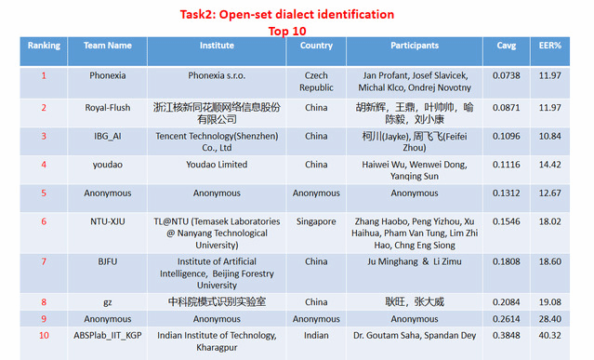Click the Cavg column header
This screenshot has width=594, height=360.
pyautogui.click(x=506, y=46)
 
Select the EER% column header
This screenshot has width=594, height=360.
pyautogui.click(x=550, y=46)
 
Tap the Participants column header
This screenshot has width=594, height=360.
pyautogui.click(x=415, y=46)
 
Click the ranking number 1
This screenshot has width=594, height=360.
pyautogui.click(x=44, y=75)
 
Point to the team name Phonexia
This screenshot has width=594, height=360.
pyautogui.click(x=108, y=75)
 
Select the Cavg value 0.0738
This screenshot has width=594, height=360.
pyautogui.click(x=506, y=75)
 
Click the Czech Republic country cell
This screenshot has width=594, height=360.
pyautogui.click(x=316, y=82)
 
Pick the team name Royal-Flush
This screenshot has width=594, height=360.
pyautogui.click(x=108, y=108)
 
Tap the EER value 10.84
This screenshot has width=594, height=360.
pyautogui.click(x=550, y=136)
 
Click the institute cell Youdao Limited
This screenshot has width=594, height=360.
pyautogui.click(x=217, y=165)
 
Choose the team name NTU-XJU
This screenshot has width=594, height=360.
pyautogui.click(x=108, y=221)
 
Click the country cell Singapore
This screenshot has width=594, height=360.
pyautogui.click(x=316, y=221)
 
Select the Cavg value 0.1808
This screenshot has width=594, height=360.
pyautogui.click(x=506, y=261)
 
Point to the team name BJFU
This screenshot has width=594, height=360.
pyautogui.click(x=108, y=261)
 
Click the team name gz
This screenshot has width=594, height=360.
pyautogui.click(x=108, y=302)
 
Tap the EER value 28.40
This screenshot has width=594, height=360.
pyautogui.click(x=550, y=319)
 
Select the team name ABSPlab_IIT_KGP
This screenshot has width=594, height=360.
pyautogui.click(x=108, y=336)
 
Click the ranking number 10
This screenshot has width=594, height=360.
pyautogui.click(x=44, y=336)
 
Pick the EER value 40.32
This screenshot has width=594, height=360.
pyautogui.click(x=550, y=336)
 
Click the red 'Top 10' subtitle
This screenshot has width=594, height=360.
pyautogui.click(x=287, y=31)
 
